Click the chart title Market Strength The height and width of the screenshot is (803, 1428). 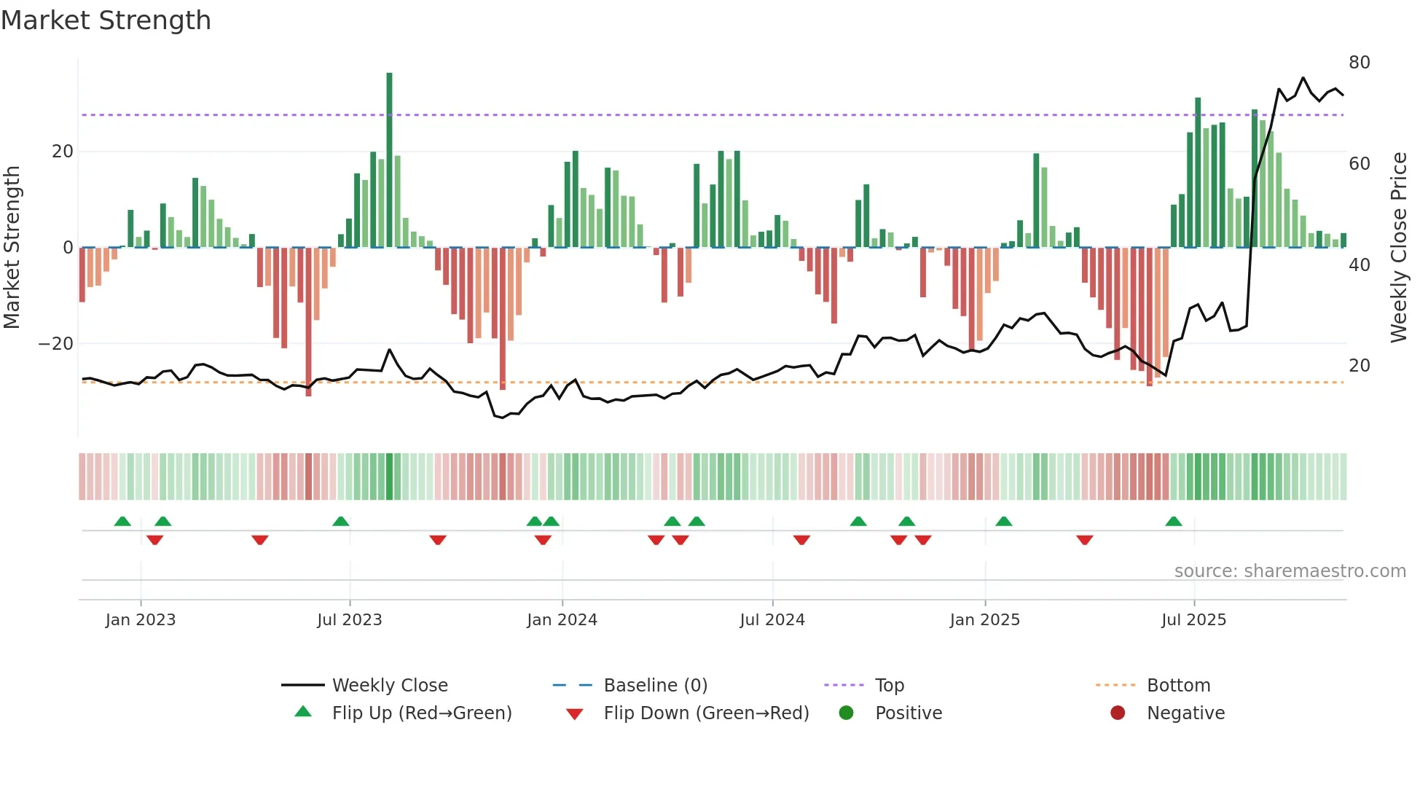coord(106,20)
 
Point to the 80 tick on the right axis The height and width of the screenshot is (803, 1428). coord(1359,63)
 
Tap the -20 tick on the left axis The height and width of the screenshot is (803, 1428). coord(56,344)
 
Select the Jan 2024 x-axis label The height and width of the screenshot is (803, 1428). coord(562,620)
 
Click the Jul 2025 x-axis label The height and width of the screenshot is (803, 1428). coord(1193,620)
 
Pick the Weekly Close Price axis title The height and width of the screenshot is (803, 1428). coord(1398,248)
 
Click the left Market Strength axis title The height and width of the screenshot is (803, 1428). coord(12,248)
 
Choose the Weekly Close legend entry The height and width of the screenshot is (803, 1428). coord(389,686)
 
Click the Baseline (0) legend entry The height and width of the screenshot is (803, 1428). coord(655,686)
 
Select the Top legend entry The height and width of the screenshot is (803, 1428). coord(889,686)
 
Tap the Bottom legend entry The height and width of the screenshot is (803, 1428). coord(1178,686)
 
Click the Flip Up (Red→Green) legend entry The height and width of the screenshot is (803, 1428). coord(421,713)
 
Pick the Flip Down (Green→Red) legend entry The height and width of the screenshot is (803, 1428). coord(706,713)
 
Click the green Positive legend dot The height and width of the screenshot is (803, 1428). coord(846,713)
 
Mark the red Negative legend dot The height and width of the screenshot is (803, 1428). coord(1118,713)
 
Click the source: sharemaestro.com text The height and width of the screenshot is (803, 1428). coord(1290,571)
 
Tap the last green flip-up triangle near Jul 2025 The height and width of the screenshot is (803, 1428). coord(1173,522)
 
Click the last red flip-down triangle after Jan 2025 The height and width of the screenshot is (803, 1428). coord(1084,540)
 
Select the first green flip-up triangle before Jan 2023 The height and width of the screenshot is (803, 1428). coord(122,522)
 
